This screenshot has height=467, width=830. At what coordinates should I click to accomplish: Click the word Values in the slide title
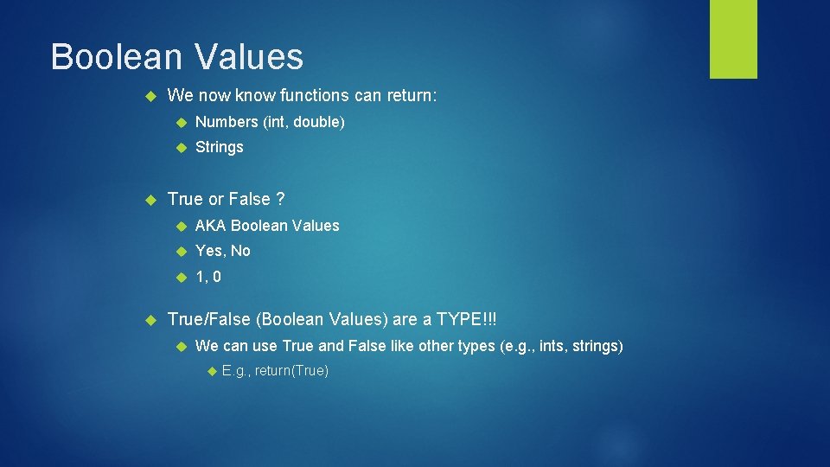coord(249,57)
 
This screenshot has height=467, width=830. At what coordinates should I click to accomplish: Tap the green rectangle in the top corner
coord(733,39)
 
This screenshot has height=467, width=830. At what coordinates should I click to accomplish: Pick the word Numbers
coord(227,122)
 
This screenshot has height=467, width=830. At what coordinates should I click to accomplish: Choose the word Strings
coord(220,147)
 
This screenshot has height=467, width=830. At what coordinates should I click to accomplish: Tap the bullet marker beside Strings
coord(182,148)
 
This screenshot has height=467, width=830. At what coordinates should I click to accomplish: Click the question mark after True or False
coord(280,199)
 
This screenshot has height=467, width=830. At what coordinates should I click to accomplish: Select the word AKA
coord(211,226)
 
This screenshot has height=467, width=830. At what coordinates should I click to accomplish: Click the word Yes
coord(210,251)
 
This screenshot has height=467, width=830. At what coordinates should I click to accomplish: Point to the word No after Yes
coord(240,251)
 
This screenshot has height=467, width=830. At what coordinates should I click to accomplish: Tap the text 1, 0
coord(208,277)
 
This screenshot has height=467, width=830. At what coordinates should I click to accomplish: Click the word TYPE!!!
coord(467,319)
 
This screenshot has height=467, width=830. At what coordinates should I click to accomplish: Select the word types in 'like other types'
coord(476,346)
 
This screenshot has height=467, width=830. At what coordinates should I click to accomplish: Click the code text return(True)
coord(291,371)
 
